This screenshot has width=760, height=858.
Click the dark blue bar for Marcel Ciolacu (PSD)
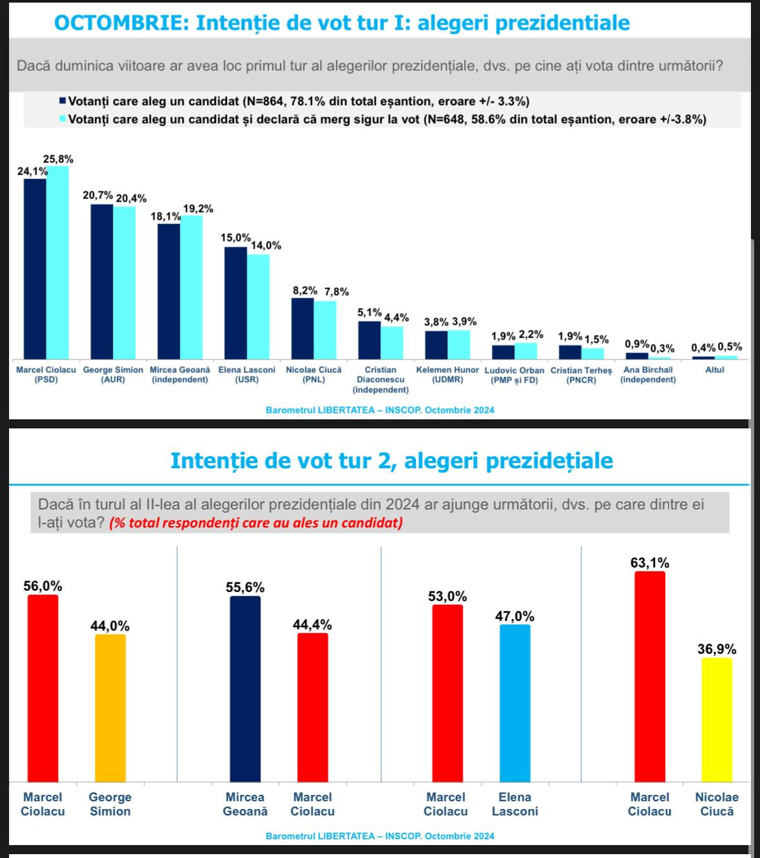(35, 269)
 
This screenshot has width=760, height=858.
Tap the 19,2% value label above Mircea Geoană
(198, 209)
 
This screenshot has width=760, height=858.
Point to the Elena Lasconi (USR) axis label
(247, 375)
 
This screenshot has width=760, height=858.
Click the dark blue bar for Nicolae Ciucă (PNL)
(302, 328)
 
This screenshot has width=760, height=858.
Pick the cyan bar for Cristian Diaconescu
(392, 342)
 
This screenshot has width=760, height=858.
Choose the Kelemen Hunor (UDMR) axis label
(447, 375)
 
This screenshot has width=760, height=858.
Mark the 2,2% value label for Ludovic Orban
(531, 335)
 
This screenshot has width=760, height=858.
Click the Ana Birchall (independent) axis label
(648, 375)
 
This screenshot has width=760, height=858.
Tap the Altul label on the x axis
(714, 370)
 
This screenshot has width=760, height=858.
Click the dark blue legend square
(63, 101)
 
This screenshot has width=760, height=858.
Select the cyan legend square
(63, 119)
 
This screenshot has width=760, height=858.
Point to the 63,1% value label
(650, 563)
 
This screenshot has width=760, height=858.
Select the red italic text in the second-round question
(256, 522)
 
